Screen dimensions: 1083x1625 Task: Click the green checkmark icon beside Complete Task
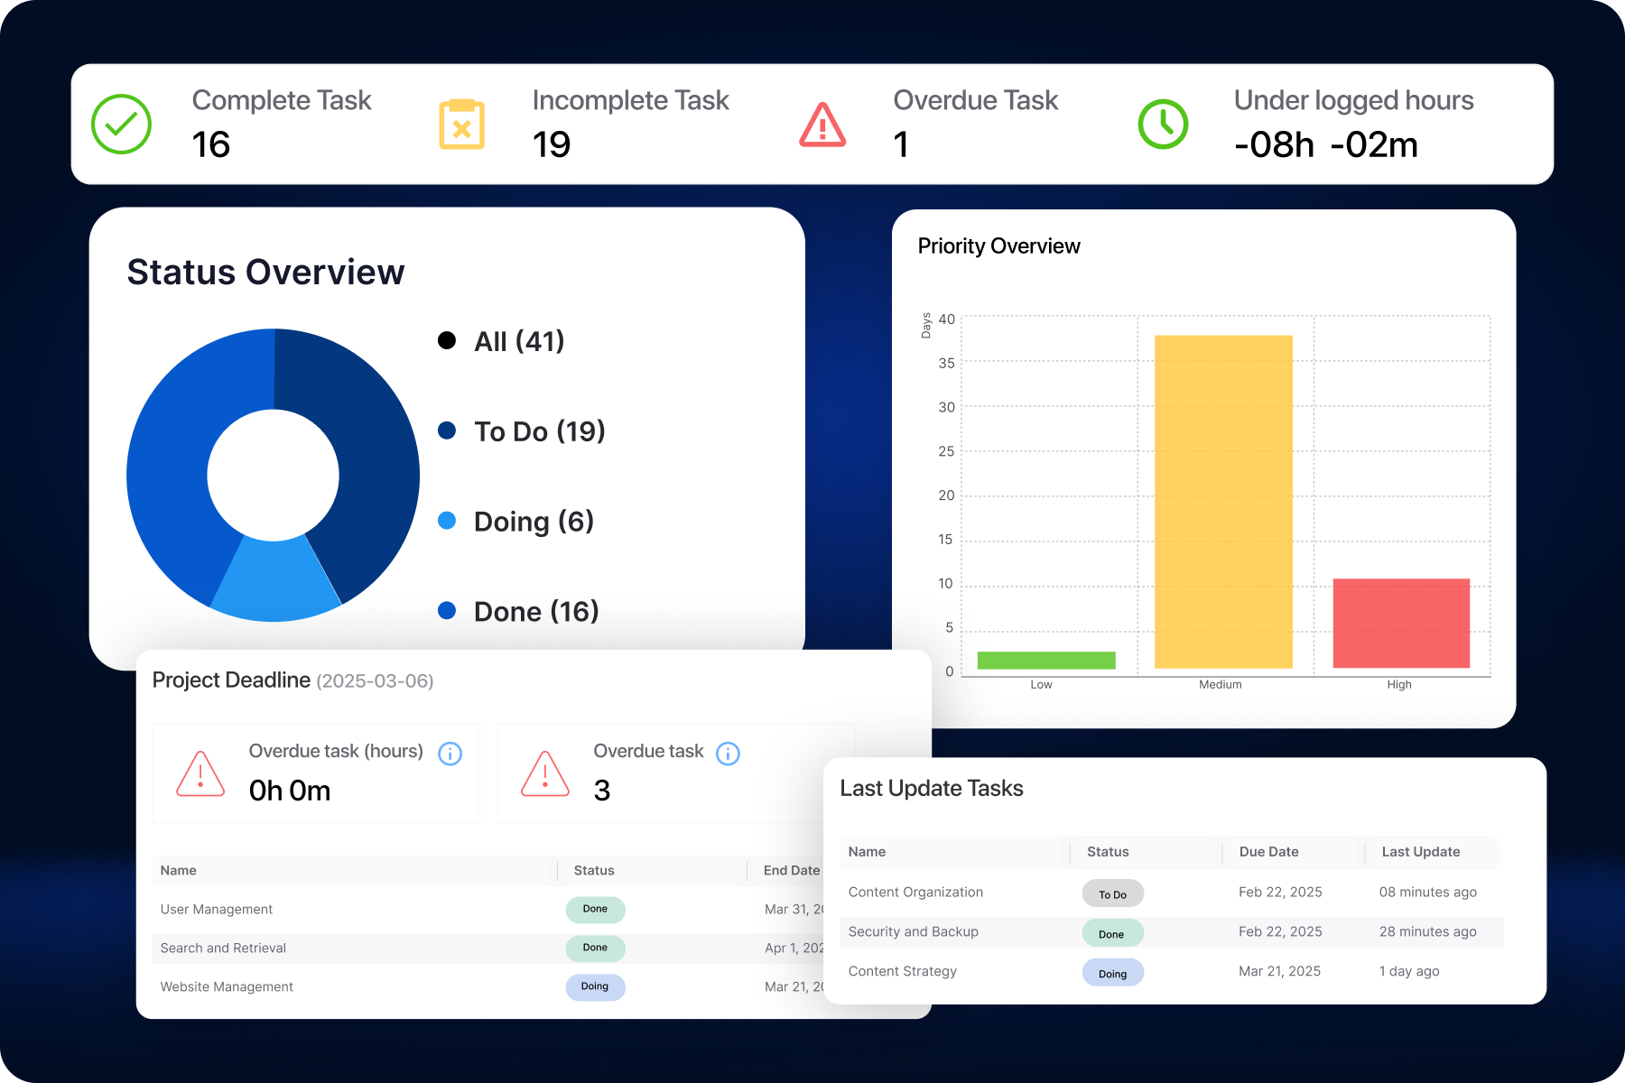[x=121, y=125]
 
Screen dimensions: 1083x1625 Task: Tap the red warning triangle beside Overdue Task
[x=822, y=125]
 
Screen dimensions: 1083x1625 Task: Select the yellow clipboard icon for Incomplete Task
[x=461, y=125]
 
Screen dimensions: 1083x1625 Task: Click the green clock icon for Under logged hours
[x=1163, y=125]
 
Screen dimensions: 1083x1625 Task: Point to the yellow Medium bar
[x=1223, y=502]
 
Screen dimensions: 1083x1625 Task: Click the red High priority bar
[x=1400, y=623]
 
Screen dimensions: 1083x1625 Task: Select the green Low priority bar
[x=1045, y=660]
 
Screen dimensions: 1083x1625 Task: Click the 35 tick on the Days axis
[x=946, y=363]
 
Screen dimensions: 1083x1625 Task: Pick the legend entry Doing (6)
[x=533, y=521]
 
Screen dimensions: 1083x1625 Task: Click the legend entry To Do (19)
[x=539, y=431]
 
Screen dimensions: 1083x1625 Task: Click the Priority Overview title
[x=998, y=246]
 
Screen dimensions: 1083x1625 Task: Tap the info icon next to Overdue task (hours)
[x=450, y=754]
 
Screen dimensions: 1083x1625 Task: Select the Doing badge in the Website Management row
[x=595, y=986]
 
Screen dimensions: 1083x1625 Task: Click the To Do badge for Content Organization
[x=1112, y=893]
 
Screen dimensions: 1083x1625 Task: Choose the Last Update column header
[x=1420, y=852]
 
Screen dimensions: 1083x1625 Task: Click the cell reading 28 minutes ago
[x=1427, y=931]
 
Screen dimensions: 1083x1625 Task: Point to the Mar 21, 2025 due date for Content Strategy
[x=1279, y=971]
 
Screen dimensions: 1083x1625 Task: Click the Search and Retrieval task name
[x=223, y=948]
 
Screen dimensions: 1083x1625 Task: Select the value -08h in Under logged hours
[x=1274, y=145]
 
